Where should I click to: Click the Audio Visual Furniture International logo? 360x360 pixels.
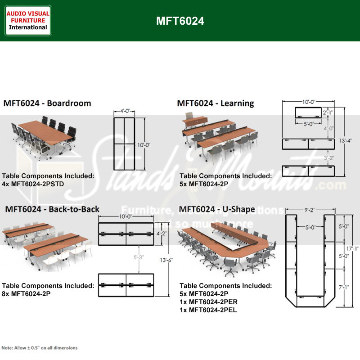pos(28,20)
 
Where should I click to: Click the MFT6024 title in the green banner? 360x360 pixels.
pos(180,21)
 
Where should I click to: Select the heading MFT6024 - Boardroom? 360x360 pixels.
pos(47,103)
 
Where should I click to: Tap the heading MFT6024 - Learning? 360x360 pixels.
pos(215,103)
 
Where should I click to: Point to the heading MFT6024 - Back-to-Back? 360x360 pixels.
pos(52,209)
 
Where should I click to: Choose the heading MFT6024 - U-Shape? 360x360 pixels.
pos(217,209)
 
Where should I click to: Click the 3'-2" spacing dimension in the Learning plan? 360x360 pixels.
pos(329,158)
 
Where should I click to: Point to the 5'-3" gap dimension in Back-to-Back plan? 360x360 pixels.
pos(139,258)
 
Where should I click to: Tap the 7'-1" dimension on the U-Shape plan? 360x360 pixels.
pos(344,286)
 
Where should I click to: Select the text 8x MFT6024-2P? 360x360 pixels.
pos(26,293)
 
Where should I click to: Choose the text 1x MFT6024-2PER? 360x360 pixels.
pos(208,301)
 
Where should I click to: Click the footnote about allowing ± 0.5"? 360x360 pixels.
pos(40,348)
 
